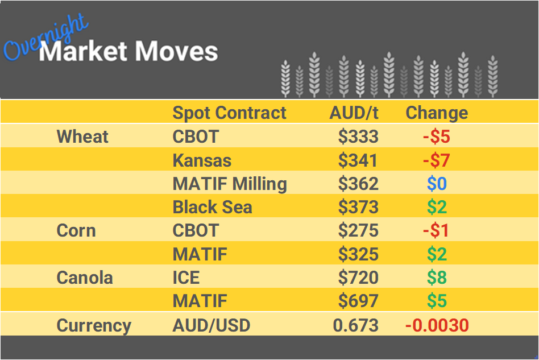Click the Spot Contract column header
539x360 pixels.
click(229, 113)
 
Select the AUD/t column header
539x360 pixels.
click(354, 113)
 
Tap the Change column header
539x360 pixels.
click(437, 113)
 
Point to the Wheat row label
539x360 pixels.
click(82, 136)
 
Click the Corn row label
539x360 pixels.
click(76, 231)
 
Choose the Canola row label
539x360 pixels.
click(85, 278)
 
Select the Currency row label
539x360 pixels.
click(94, 326)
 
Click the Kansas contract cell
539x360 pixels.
click(202, 160)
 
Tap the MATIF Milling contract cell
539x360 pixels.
click(230, 184)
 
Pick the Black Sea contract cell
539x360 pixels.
click(212, 208)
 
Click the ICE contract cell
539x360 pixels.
click(186, 278)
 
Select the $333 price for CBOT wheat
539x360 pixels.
click(358, 136)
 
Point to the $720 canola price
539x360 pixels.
click(358, 278)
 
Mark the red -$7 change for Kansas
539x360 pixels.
click(437, 160)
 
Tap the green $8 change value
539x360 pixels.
click(437, 278)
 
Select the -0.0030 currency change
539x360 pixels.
click(437, 326)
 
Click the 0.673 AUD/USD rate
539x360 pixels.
click(355, 326)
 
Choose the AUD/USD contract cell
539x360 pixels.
click(211, 326)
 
